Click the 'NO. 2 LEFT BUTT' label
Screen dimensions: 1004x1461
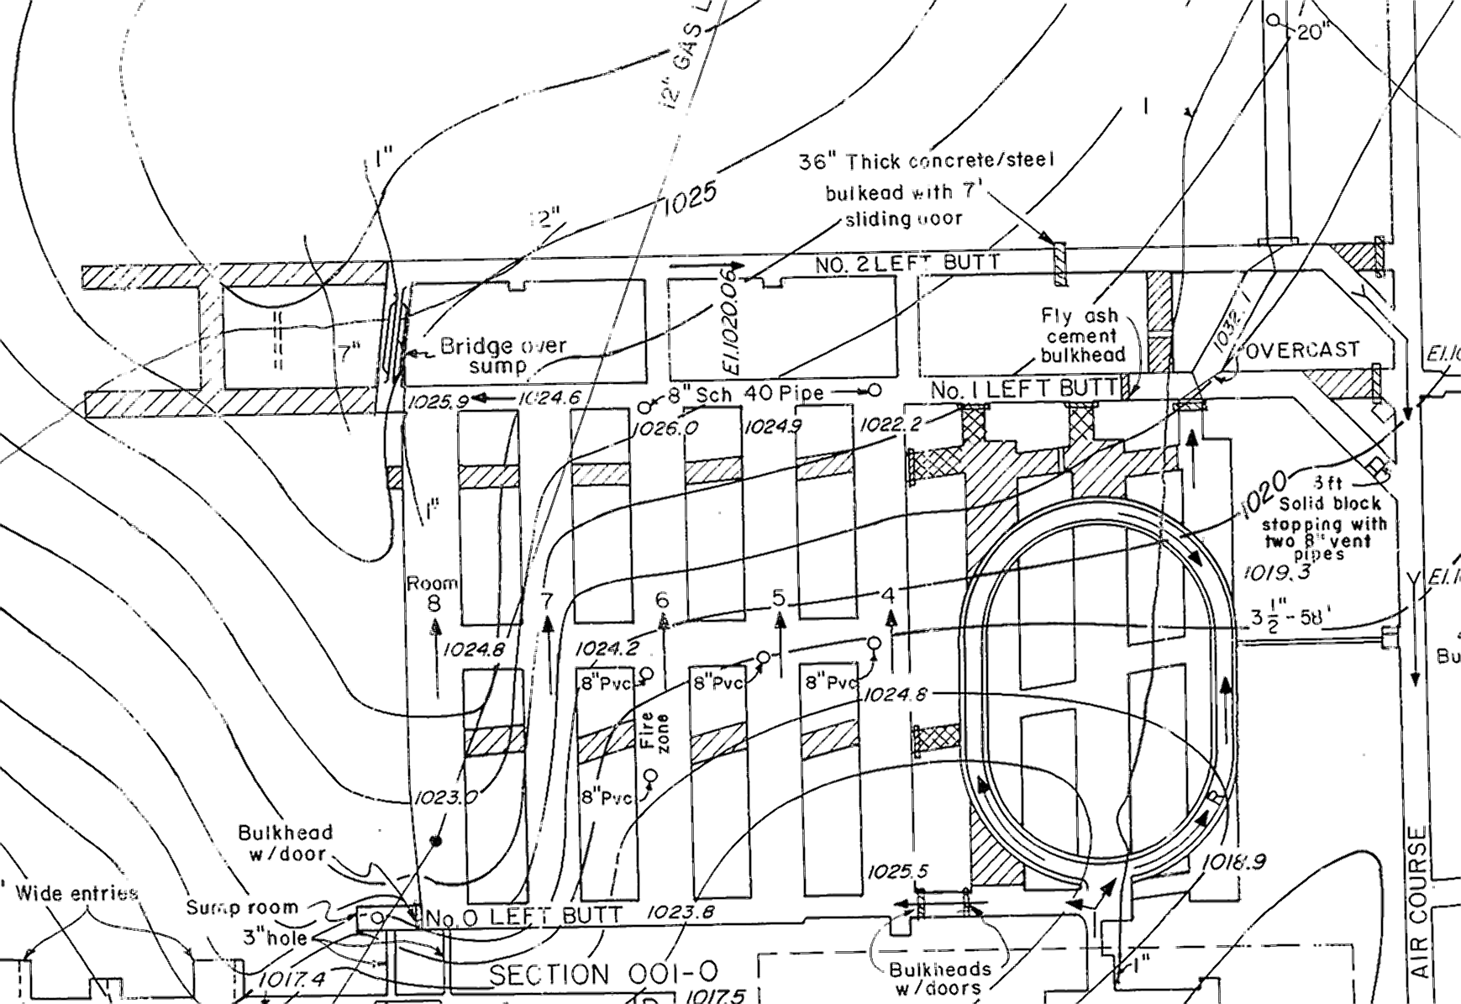pyautogui.click(x=907, y=263)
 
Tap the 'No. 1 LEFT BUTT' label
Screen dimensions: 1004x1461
pyautogui.click(x=1025, y=389)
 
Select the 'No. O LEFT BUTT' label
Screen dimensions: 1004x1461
pyautogui.click(x=523, y=916)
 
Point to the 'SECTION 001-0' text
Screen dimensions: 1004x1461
pyautogui.click(x=603, y=974)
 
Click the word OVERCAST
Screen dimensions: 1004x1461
pyautogui.click(x=1301, y=350)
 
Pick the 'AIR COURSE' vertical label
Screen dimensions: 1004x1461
pyautogui.click(x=1420, y=901)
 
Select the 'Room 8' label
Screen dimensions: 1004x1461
pyautogui.click(x=434, y=592)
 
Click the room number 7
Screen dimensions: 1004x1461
pyautogui.click(x=548, y=601)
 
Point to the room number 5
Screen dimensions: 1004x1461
pyautogui.click(x=779, y=598)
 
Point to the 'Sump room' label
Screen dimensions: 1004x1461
pyautogui.click(x=242, y=907)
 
